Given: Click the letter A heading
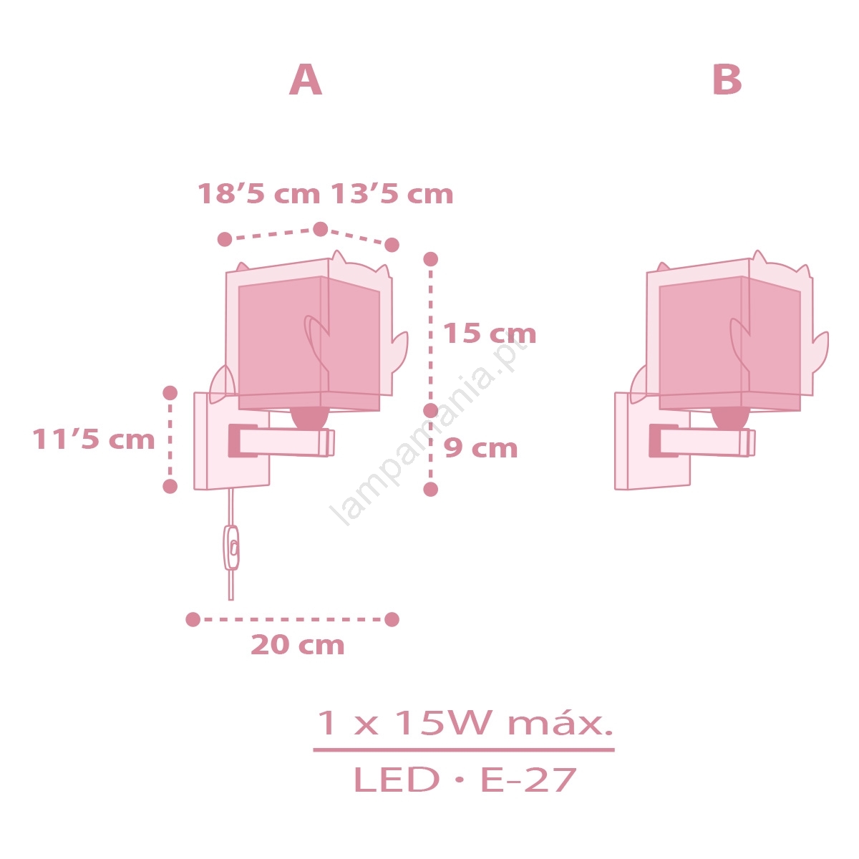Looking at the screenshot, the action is tap(306, 79).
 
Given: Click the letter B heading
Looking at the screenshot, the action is tap(727, 79).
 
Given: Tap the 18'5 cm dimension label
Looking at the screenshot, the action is tap(259, 194).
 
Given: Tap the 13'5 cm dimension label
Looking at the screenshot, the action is tap(392, 194).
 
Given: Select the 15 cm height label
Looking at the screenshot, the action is tap(490, 334).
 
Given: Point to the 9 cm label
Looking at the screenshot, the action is tap(480, 448).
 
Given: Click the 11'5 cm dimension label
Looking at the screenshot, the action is tap(94, 439).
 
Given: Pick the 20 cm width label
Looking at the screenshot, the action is tap(298, 645).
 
